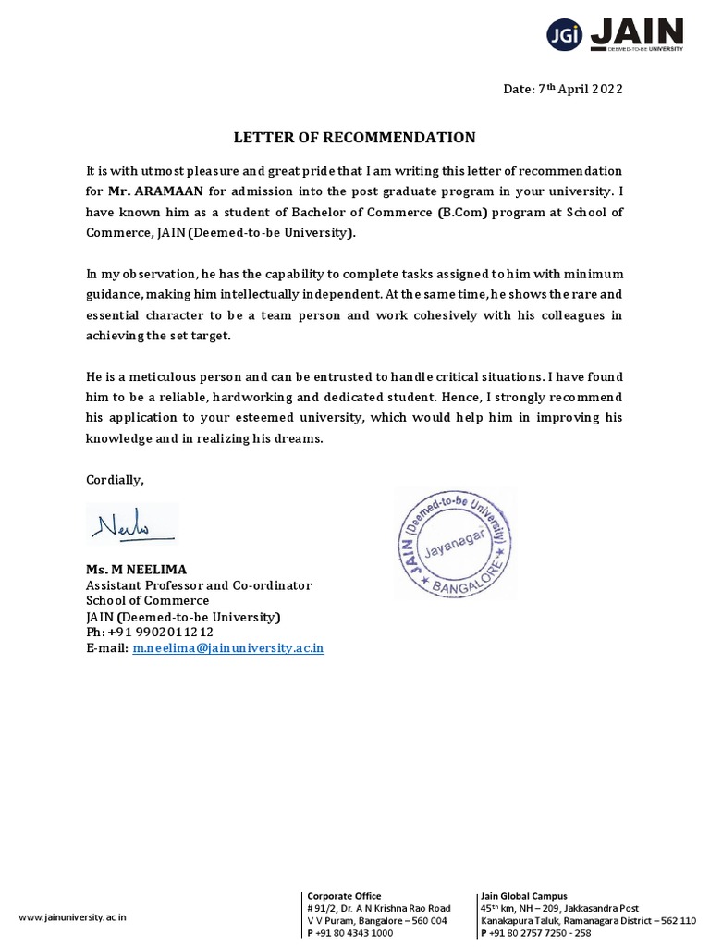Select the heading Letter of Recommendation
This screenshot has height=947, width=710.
[x=354, y=138]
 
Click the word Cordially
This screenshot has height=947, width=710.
[x=115, y=479]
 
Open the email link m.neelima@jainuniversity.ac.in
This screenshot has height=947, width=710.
[x=227, y=648]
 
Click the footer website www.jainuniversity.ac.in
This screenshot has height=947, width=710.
[x=73, y=917]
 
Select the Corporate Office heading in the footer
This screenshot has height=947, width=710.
[x=343, y=896]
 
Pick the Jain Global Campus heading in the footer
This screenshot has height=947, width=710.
[x=524, y=896]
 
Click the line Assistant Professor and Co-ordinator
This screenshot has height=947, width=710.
[x=199, y=585]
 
